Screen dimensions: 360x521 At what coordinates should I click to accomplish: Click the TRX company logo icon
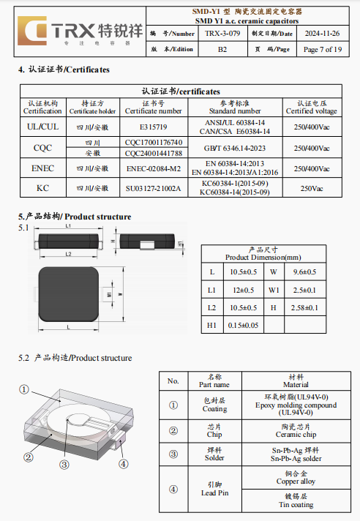point(32,31)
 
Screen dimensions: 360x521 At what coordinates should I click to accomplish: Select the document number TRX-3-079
point(222,34)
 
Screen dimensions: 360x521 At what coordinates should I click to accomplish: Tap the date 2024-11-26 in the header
point(322,34)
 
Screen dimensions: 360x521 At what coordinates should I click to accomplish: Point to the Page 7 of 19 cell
point(323,50)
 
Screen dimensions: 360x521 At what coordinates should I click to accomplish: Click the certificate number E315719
point(154,127)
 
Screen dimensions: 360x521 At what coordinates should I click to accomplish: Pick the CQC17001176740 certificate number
point(154,143)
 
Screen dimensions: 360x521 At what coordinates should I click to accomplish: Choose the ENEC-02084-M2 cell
point(154,168)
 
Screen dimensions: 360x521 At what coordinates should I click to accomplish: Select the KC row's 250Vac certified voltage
point(312,188)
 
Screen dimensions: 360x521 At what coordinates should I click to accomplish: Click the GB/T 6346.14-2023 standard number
point(235,149)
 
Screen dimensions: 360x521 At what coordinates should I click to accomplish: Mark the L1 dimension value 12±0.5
point(244,290)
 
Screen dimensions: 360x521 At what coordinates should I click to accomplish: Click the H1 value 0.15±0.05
point(243,326)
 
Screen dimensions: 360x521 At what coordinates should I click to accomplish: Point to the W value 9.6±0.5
point(304,272)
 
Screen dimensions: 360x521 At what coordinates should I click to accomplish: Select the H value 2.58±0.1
point(304,307)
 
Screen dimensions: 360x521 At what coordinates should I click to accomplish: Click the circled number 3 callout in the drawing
point(64,465)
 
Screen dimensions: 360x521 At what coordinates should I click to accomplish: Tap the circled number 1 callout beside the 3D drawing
point(24,389)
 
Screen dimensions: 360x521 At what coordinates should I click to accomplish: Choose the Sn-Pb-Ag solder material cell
point(296,454)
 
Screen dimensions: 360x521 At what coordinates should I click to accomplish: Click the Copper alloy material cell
point(296,478)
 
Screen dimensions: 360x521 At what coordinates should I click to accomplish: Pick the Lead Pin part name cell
point(215,489)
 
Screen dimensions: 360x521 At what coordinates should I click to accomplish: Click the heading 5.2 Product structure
point(75,358)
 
